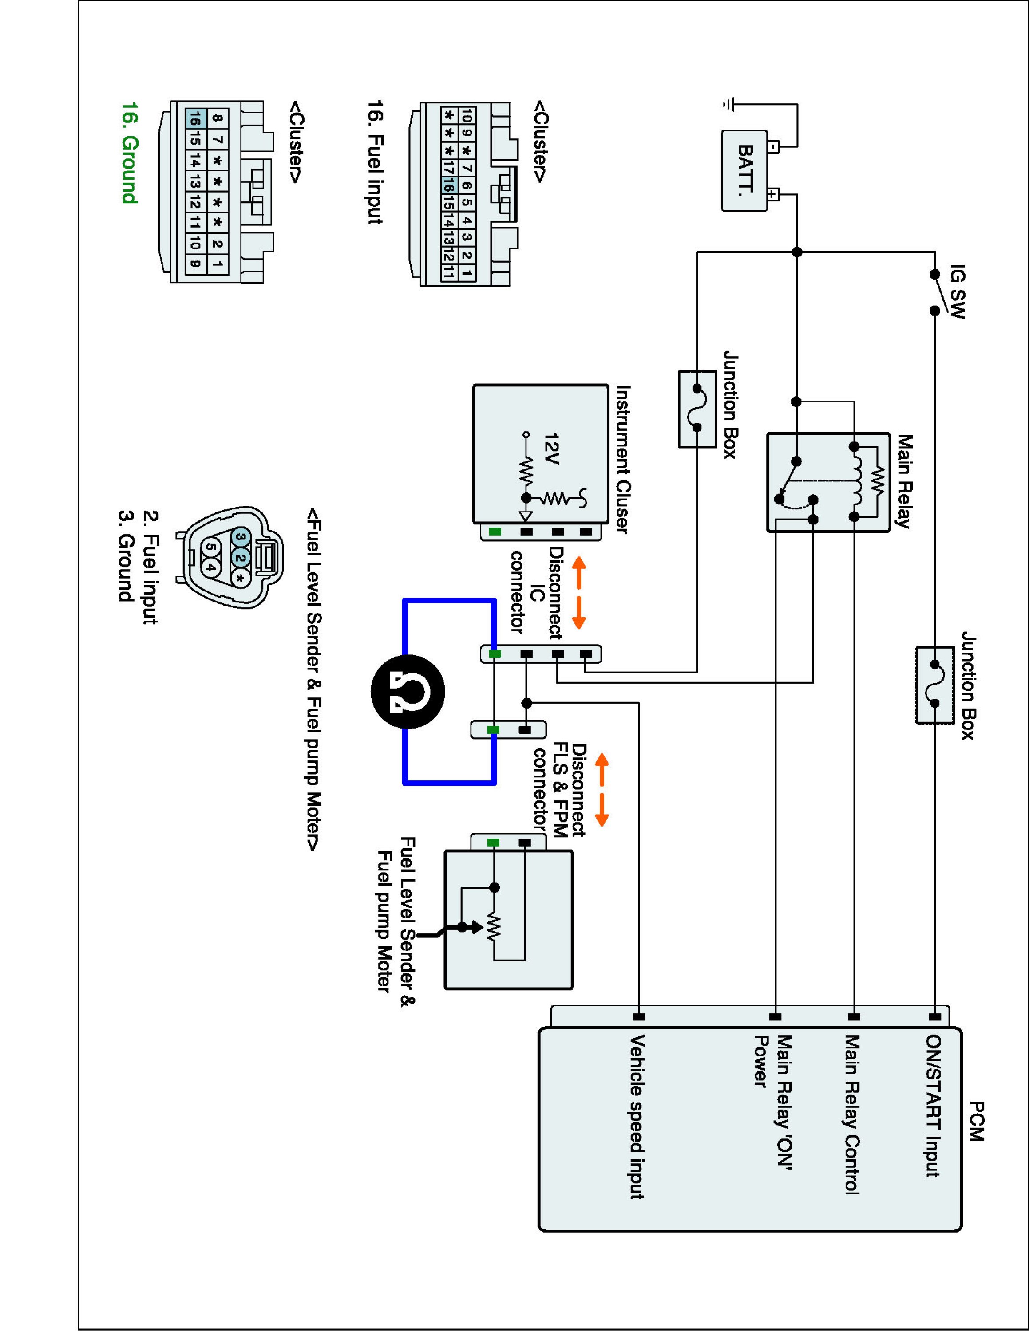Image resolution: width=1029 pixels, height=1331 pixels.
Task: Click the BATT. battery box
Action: (x=744, y=171)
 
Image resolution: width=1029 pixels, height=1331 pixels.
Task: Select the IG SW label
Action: (x=958, y=292)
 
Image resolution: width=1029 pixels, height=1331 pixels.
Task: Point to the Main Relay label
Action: (x=903, y=481)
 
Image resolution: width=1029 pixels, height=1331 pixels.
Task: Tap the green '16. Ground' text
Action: (x=130, y=152)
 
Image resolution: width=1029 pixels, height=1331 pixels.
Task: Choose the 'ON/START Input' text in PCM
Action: (x=933, y=1106)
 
